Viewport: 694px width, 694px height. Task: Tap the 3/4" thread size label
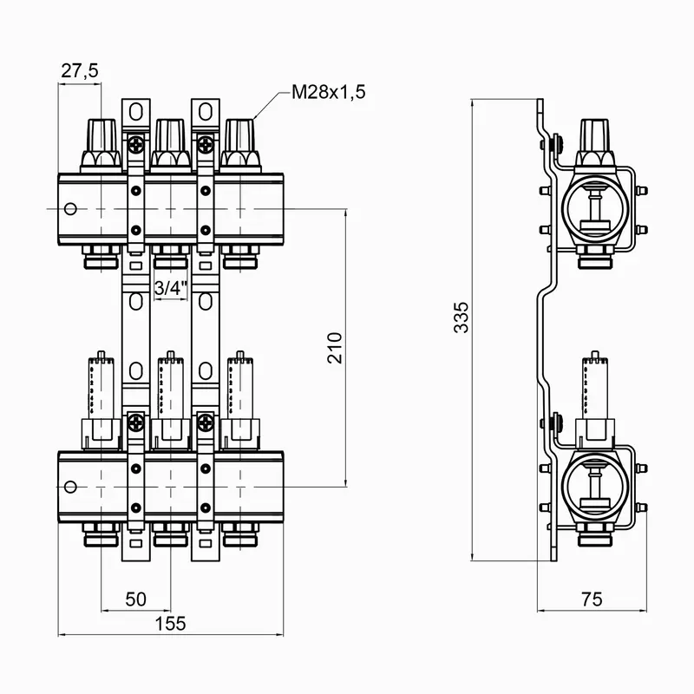pyautogui.click(x=170, y=288)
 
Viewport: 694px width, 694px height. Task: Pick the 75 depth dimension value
pyautogui.click(x=591, y=599)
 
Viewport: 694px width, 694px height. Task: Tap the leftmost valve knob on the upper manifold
pyautogui.click(x=101, y=139)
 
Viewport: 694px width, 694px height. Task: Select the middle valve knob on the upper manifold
pyautogui.click(x=170, y=139)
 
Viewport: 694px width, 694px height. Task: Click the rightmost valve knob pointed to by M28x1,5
pyautogui.click(x=240, y=139)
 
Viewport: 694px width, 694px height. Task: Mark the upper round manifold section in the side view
pyautogui.click(x=594, y=208)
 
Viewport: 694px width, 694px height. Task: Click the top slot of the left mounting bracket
pyautogui.click(x=135, y=111)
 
